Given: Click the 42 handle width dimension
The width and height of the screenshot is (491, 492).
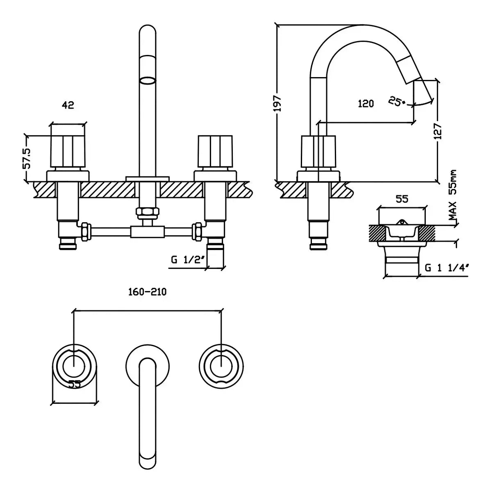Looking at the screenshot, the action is point(68,105).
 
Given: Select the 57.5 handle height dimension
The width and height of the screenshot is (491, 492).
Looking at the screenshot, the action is point(27,159).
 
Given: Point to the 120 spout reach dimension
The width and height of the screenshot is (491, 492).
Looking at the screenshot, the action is point(366,104).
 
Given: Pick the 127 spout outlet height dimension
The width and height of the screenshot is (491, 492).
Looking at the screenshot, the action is point(438,131).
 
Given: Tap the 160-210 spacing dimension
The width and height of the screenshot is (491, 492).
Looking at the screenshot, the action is point(148,292).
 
